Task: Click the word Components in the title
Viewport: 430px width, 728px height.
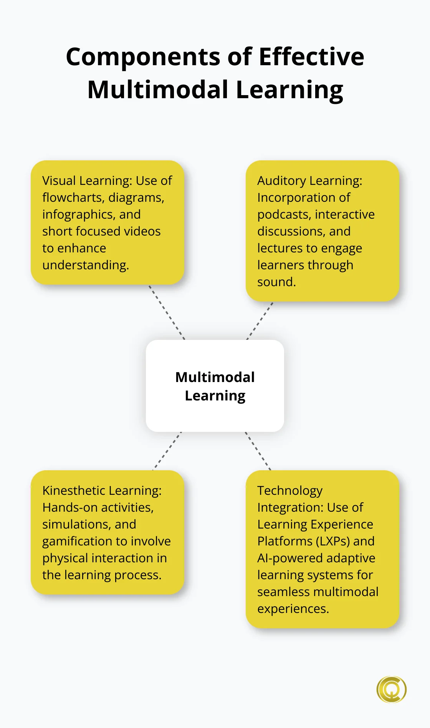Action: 143,57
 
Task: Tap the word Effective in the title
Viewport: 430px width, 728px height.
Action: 311,57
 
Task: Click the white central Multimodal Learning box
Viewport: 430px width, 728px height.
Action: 215,386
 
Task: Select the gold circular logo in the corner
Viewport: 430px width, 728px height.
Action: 391,689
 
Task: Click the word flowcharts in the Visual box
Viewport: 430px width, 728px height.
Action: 72,198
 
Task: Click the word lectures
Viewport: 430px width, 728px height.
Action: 279,248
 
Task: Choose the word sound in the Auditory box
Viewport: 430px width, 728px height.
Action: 276,282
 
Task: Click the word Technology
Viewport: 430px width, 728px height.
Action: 290,491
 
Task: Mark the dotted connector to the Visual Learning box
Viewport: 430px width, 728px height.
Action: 167,312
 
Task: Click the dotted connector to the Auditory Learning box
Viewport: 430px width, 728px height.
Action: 260,321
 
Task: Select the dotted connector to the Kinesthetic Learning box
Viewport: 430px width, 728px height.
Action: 167,451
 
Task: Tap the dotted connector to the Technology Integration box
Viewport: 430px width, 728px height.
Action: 258,451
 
